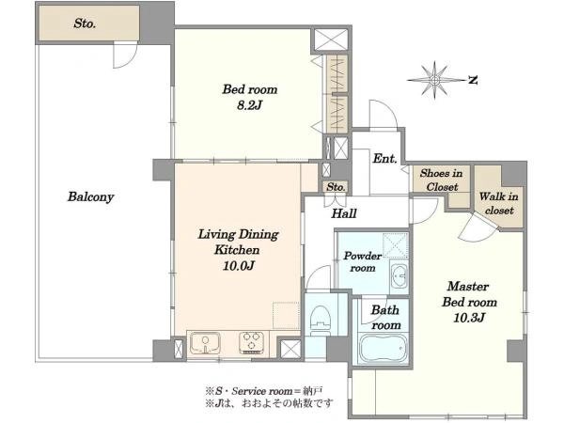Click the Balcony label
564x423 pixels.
[x=90, y=197]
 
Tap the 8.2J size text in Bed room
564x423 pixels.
[x=250, y=105]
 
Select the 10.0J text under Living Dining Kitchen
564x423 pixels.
[x=239, y=266]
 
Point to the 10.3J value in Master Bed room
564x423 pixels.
[x=469, y=318]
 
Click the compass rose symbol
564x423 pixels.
[x=435, y=80]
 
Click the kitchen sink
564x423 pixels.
[x=205, y=343]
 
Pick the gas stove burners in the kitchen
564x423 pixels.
[x=251, y=342]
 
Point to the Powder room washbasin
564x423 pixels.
[x=399, y=276]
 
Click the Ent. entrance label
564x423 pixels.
[x=384, y=158]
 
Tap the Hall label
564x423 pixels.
[x=344, y=213]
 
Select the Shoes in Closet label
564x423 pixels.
[x=442, y=180]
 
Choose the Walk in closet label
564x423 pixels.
[x=499, y=203]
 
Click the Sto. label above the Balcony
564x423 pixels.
[x=85, y=23]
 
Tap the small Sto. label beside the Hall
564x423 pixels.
[x=336, y=187]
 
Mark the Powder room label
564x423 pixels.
[x=363, y=262]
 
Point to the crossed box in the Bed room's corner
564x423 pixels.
[x=331, y=39]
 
